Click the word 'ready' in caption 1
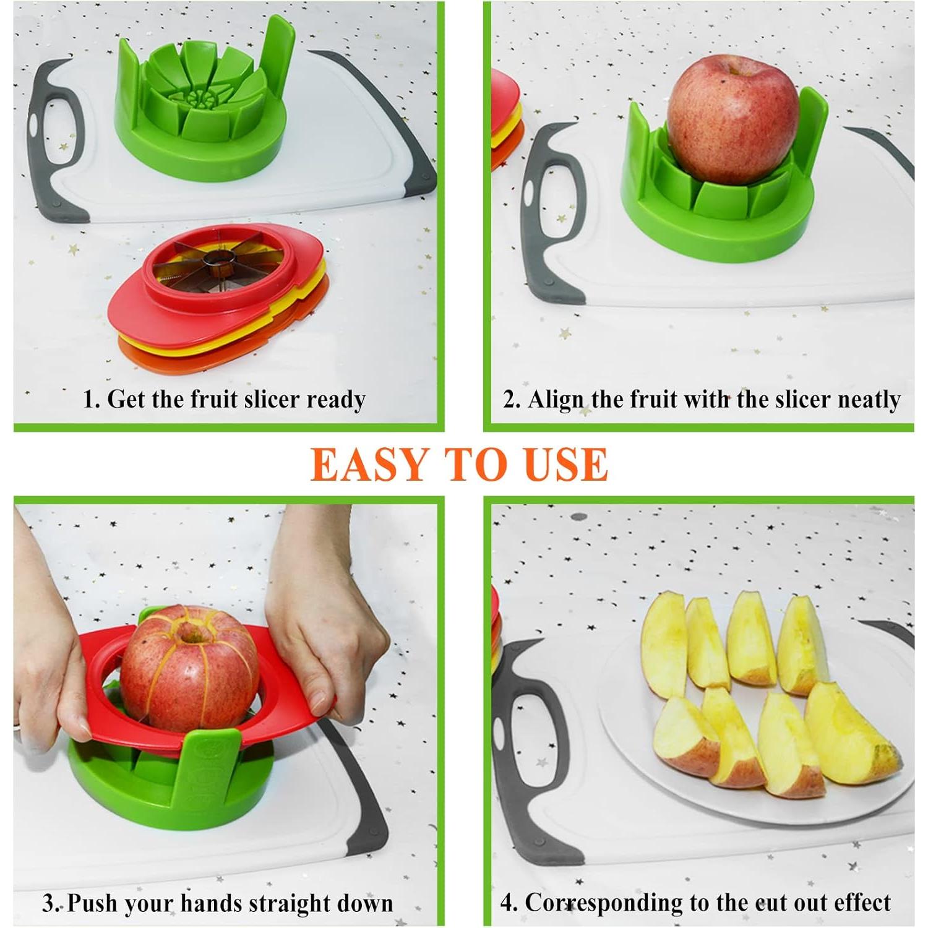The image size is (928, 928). pyautogui.click(x=335, y=400)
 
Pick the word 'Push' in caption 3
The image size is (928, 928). pyautogui.click(x=93, y=903)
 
